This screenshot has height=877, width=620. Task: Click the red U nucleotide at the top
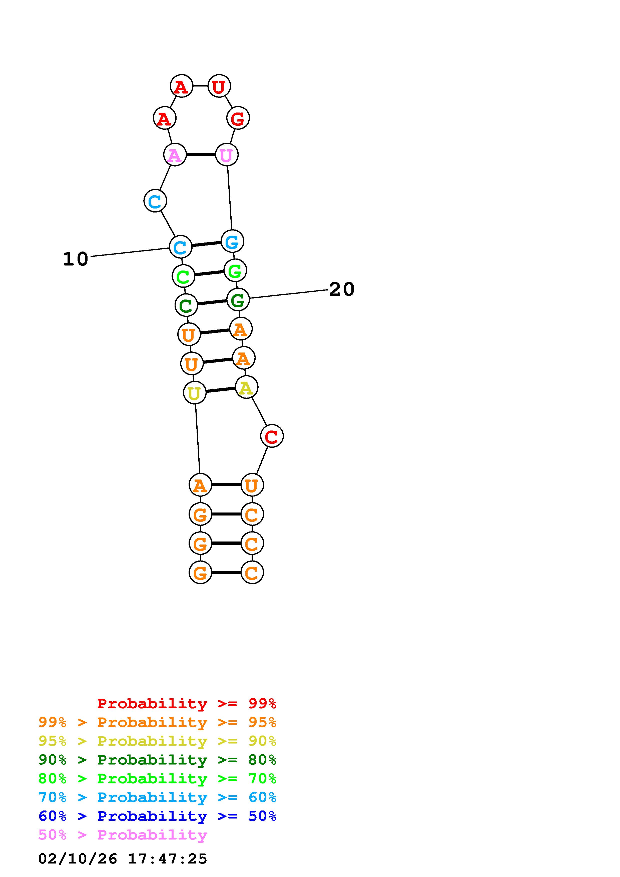coord(219,86)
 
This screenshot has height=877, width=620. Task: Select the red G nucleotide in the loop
coord(238,118)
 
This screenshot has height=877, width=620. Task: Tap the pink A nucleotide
coord(175,155)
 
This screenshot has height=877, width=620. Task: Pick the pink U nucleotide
coord(227,155)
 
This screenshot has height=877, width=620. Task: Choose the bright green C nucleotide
coord(183,276)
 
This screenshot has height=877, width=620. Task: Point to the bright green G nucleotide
coord(235,271)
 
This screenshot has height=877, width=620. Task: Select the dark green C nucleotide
coord(186,305)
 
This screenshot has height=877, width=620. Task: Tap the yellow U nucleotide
coord(194,393)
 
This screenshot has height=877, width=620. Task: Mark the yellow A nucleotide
coord(246,388)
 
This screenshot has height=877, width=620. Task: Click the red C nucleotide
coord(272,436)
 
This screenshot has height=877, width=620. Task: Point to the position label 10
coord(76,259)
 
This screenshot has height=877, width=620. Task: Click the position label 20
coord(342,289)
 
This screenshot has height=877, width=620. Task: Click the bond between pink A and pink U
coord(201,155)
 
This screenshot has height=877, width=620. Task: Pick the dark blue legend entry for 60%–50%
coord(157,816)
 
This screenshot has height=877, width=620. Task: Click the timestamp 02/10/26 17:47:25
coord(123,859)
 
